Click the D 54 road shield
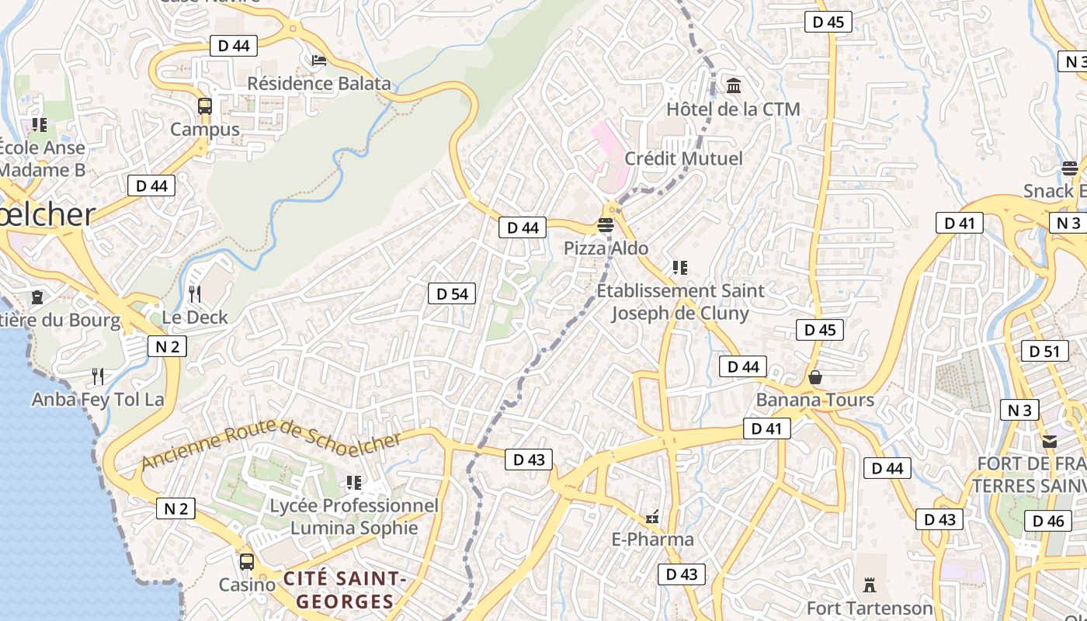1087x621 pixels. (x=452, y=293)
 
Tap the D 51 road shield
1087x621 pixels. (x=1044, y=351)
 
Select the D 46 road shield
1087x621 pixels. (x=1048, y=521)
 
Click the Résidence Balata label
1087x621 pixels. (x=319, y=83)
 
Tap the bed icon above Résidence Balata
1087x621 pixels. (x=318, y=60)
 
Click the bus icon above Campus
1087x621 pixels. (x=205, y=106)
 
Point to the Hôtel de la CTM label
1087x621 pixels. (x=733, y=109)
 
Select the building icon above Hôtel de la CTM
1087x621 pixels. (x=734, y=85)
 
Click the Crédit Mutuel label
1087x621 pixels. (x=683, y=158)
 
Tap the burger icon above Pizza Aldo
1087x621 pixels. (x=606, y=226)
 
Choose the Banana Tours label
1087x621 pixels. (x=815, y=400)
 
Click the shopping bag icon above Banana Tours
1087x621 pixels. (x=815, y=377)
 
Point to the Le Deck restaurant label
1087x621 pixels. (x=195, y=317)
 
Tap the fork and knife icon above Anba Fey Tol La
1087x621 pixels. (x=98, y=376)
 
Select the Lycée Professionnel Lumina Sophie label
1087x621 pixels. (x=354, y=517)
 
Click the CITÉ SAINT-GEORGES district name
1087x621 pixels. (x=345, y=590)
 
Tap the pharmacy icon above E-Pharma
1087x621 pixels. (x=652, y=516)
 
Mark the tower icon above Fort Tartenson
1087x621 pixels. (x=870, y=585)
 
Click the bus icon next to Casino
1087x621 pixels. (x=246, y=561)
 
